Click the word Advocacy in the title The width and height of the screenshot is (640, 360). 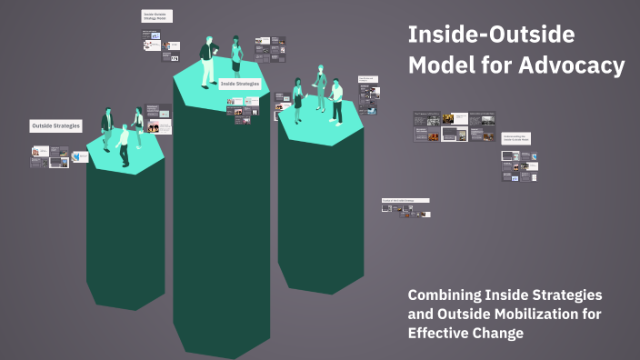coord(575,65)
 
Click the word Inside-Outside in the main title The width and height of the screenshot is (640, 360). coord(491,35)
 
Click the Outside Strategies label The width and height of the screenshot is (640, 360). coord(55,125)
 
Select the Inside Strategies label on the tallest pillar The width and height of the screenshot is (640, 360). coord(240,84)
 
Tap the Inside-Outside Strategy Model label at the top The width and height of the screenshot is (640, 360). coord(156,15)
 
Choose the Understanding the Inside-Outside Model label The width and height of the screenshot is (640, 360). coord(516,138)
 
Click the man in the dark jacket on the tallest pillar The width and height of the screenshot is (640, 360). coord(208,60)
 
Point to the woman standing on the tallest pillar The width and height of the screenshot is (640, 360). coord(236,55)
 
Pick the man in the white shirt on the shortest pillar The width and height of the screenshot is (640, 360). coord(124,145)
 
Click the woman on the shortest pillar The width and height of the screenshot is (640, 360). coord(138,126)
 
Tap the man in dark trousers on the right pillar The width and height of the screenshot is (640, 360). coord(336,100)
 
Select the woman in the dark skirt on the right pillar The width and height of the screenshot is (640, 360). coord(297,98)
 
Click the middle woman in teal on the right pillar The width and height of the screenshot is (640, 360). coord(319,87)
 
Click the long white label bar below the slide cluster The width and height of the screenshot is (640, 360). coord(404,199)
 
